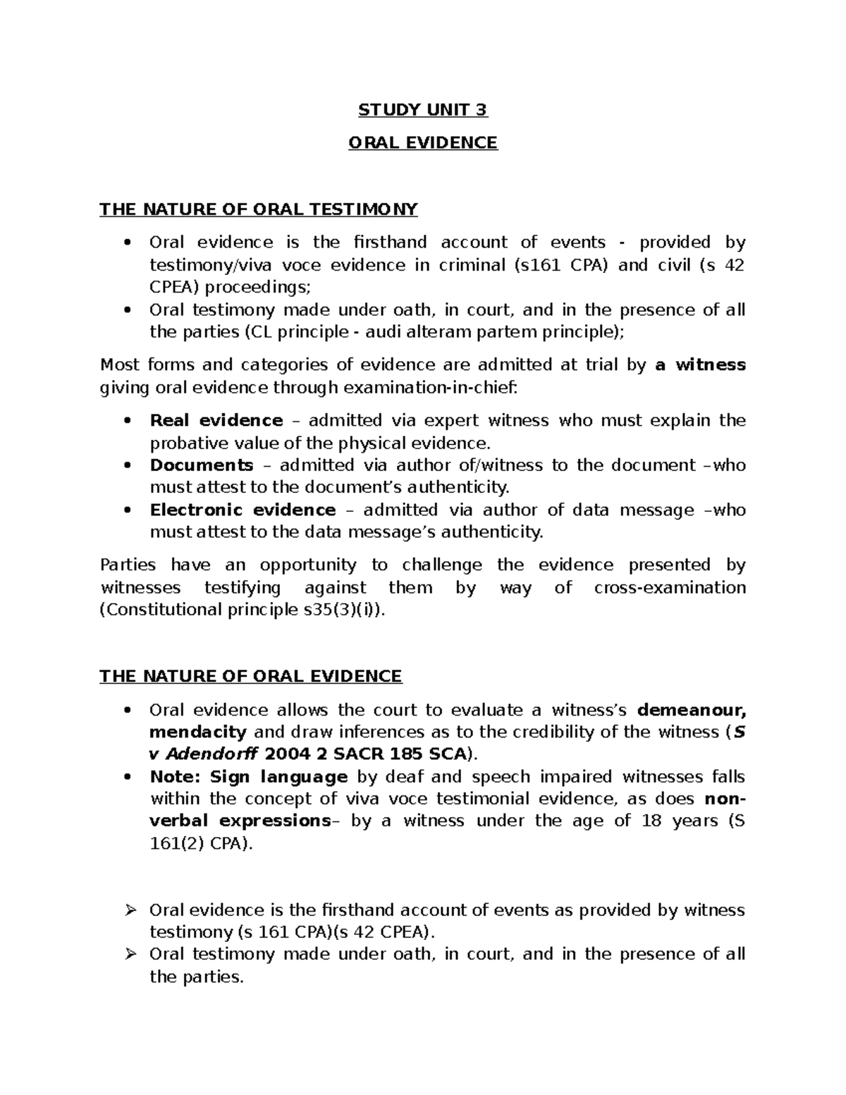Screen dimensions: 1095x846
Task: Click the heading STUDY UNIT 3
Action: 423,110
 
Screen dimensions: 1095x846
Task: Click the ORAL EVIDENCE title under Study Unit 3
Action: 423,143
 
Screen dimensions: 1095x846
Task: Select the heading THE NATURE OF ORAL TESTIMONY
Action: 259,209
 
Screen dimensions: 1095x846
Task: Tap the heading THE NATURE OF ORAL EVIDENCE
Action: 250,677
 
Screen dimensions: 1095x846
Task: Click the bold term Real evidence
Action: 216,421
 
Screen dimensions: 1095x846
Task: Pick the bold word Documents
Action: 202,465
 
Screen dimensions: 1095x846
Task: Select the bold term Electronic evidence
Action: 243,510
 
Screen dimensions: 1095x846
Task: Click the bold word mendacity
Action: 198,733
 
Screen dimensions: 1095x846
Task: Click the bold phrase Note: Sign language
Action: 249,777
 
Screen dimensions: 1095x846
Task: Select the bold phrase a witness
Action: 700,365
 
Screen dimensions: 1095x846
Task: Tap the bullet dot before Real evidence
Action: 127,421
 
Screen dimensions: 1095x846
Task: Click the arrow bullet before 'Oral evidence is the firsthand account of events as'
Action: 128,910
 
